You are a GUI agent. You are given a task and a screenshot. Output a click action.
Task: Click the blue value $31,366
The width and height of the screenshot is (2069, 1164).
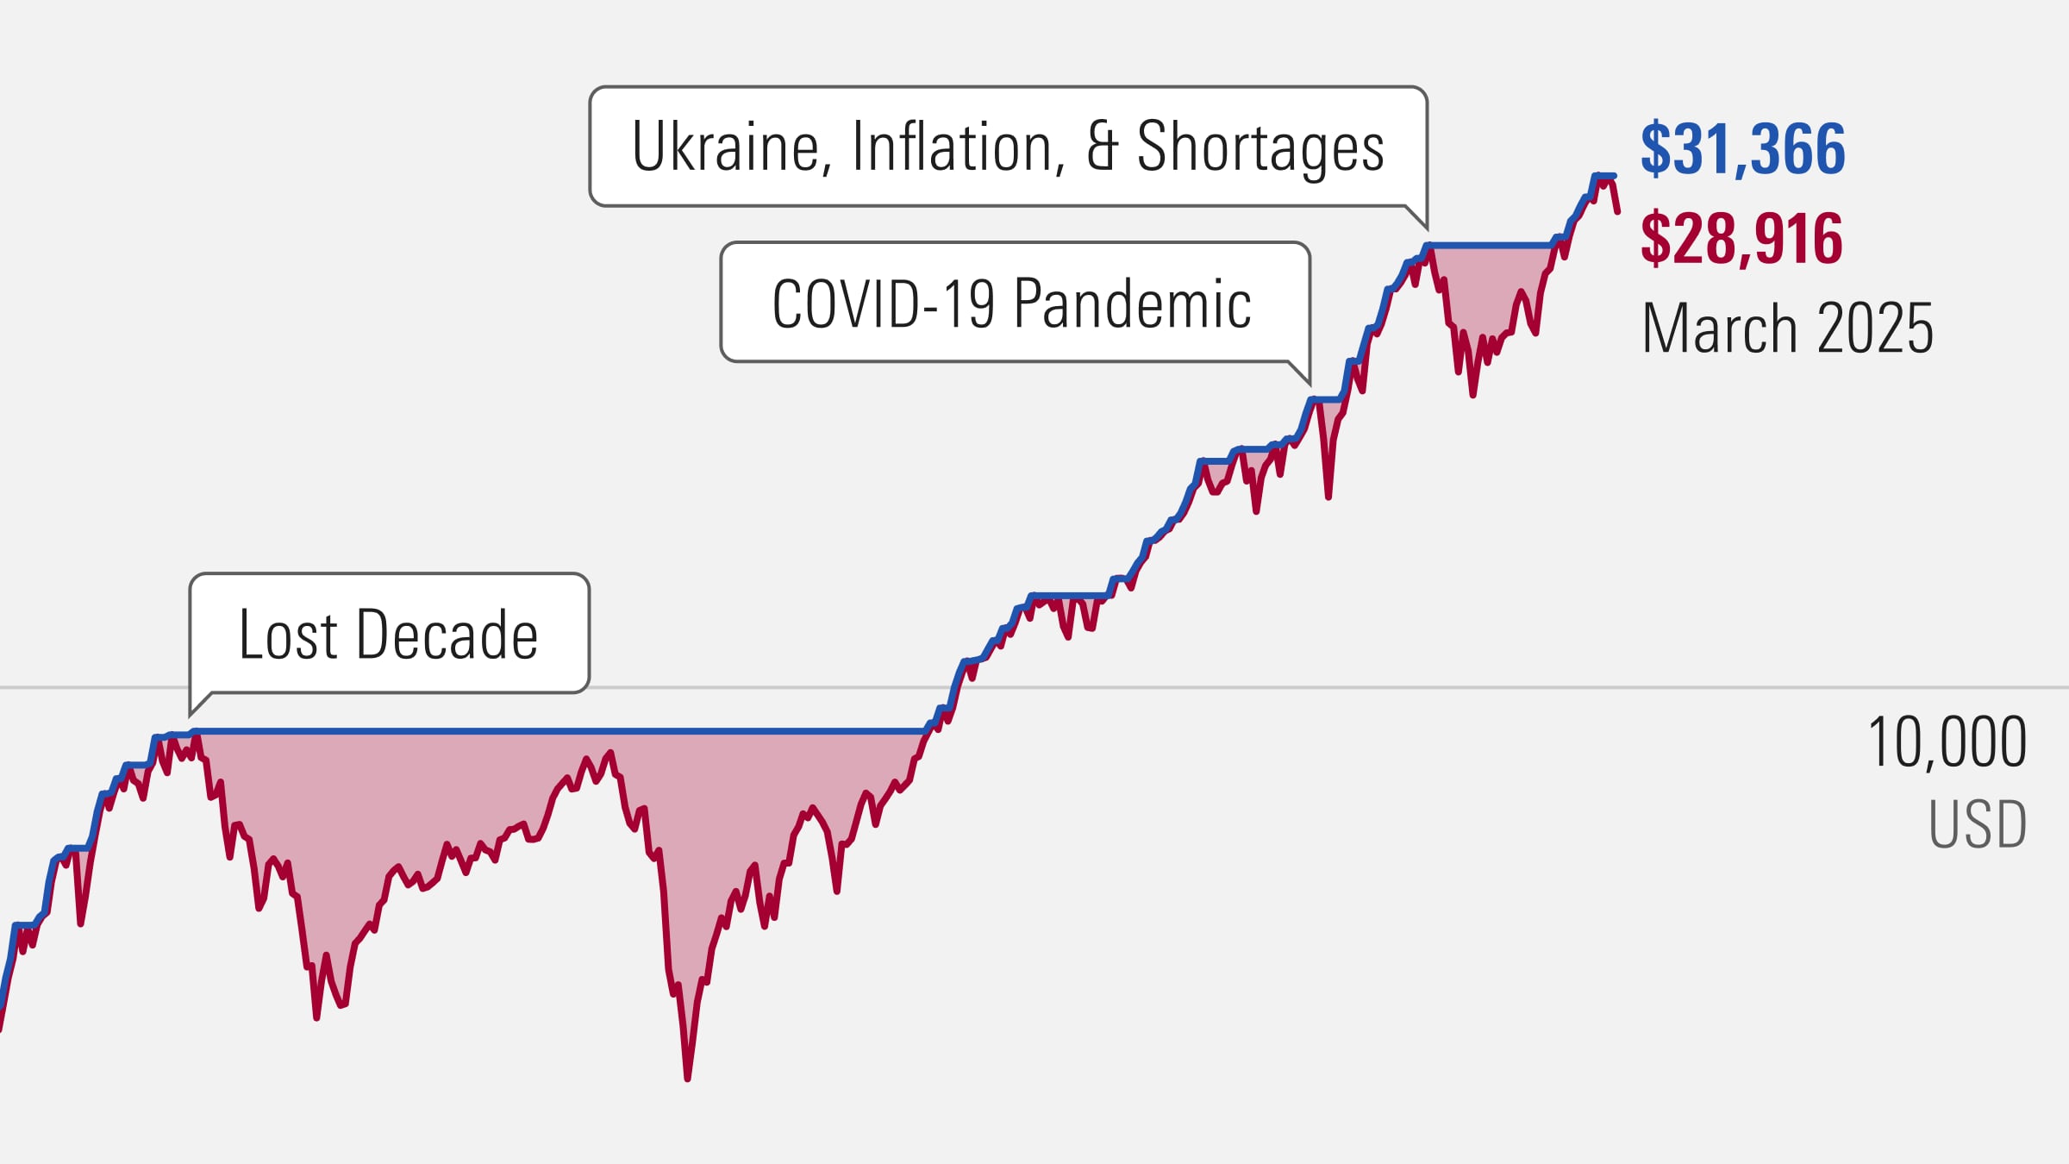(1742, 149)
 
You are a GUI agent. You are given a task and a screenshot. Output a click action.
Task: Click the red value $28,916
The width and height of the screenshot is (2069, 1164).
(1741, 239)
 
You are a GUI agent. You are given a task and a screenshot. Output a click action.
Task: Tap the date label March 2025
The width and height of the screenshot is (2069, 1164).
(1787, 329)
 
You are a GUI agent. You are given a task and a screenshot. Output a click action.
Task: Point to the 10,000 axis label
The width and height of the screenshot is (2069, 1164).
(1946, 742)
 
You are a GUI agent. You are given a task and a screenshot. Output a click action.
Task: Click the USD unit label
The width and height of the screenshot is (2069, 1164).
(1977, 824)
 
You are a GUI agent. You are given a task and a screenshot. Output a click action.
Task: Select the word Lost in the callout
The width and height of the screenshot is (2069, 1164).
(287, 635)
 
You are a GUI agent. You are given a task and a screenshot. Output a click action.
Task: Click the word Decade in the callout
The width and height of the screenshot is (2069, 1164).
(447, 635)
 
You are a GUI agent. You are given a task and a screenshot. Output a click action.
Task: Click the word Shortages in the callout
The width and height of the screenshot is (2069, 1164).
(1260, 147)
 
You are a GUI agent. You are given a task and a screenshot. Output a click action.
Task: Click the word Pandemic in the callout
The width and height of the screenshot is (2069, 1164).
(1131, 304)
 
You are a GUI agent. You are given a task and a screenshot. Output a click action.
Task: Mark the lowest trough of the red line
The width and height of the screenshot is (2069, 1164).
(687, 1078)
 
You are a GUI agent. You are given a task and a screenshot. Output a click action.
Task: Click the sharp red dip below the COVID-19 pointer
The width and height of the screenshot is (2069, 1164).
(1328, 497)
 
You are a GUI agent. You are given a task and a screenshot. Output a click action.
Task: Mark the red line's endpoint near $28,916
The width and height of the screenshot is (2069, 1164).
(1617, 211)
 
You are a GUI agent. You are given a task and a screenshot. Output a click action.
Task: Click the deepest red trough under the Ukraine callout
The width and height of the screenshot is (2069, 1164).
(1472, 395)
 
